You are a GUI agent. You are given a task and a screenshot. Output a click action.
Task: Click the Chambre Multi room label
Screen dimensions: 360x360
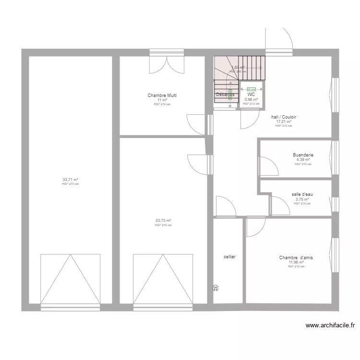162,96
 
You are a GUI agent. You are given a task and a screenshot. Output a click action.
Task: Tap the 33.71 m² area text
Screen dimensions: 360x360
70,180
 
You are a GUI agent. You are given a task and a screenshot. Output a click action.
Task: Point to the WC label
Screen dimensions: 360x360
251,95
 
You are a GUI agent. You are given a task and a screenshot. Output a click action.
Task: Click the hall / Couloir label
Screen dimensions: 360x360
284,117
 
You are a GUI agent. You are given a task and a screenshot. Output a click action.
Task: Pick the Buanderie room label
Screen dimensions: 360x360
303,155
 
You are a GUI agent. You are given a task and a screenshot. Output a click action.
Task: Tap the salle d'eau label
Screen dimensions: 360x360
302,194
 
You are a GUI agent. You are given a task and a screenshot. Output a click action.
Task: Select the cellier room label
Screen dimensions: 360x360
229,257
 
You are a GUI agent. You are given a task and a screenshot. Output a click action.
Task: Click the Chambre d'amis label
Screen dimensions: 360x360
296,258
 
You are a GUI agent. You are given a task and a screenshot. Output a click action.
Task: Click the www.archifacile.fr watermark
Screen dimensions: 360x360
330,325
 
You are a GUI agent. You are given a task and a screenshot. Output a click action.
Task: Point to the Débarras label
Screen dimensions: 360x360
225,95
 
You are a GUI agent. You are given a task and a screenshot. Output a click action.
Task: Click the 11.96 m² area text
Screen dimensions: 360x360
296,263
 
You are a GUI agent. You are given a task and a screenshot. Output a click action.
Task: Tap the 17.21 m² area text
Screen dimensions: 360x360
284,122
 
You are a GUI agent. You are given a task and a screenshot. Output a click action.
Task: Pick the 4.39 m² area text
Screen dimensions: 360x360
303,160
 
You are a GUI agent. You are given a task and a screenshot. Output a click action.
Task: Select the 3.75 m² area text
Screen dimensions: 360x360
302,199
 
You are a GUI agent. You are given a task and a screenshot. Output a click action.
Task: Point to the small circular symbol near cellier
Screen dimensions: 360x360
216,288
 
